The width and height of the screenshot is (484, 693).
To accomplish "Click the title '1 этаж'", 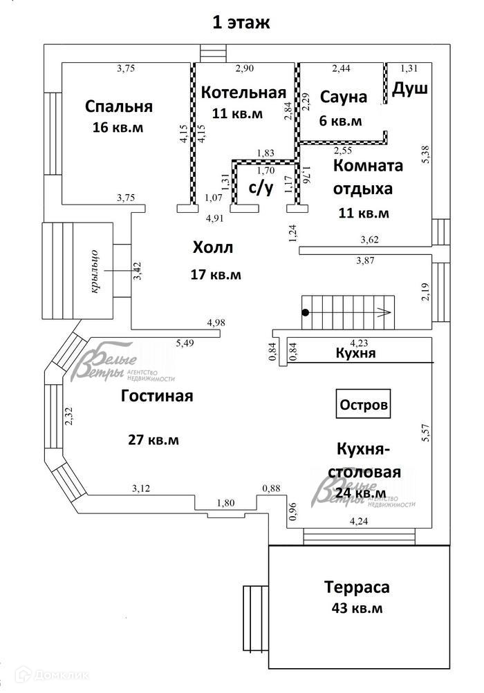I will pos(241,22).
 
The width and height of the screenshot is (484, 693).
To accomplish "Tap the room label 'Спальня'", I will pos(119,106).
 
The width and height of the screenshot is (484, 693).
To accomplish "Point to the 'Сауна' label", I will pos(343,97).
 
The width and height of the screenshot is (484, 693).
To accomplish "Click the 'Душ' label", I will pos(410,89).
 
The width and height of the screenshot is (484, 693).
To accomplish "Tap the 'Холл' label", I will pos(213,247).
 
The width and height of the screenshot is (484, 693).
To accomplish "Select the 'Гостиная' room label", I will pos(157,397).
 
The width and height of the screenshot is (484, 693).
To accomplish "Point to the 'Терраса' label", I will pos(357,587).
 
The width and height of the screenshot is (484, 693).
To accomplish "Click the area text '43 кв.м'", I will pos(357,609).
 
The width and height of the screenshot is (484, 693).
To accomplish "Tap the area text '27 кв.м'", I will pos(153,439).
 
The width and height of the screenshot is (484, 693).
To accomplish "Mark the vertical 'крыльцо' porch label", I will pos(97,270).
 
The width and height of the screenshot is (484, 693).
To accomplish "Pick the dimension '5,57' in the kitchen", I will pos(427,433).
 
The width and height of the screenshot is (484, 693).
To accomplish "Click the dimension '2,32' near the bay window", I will pos(68,417).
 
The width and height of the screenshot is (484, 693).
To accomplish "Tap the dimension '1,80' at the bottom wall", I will pos(226,503).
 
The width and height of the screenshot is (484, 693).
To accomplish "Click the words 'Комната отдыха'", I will pos(368,177).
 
